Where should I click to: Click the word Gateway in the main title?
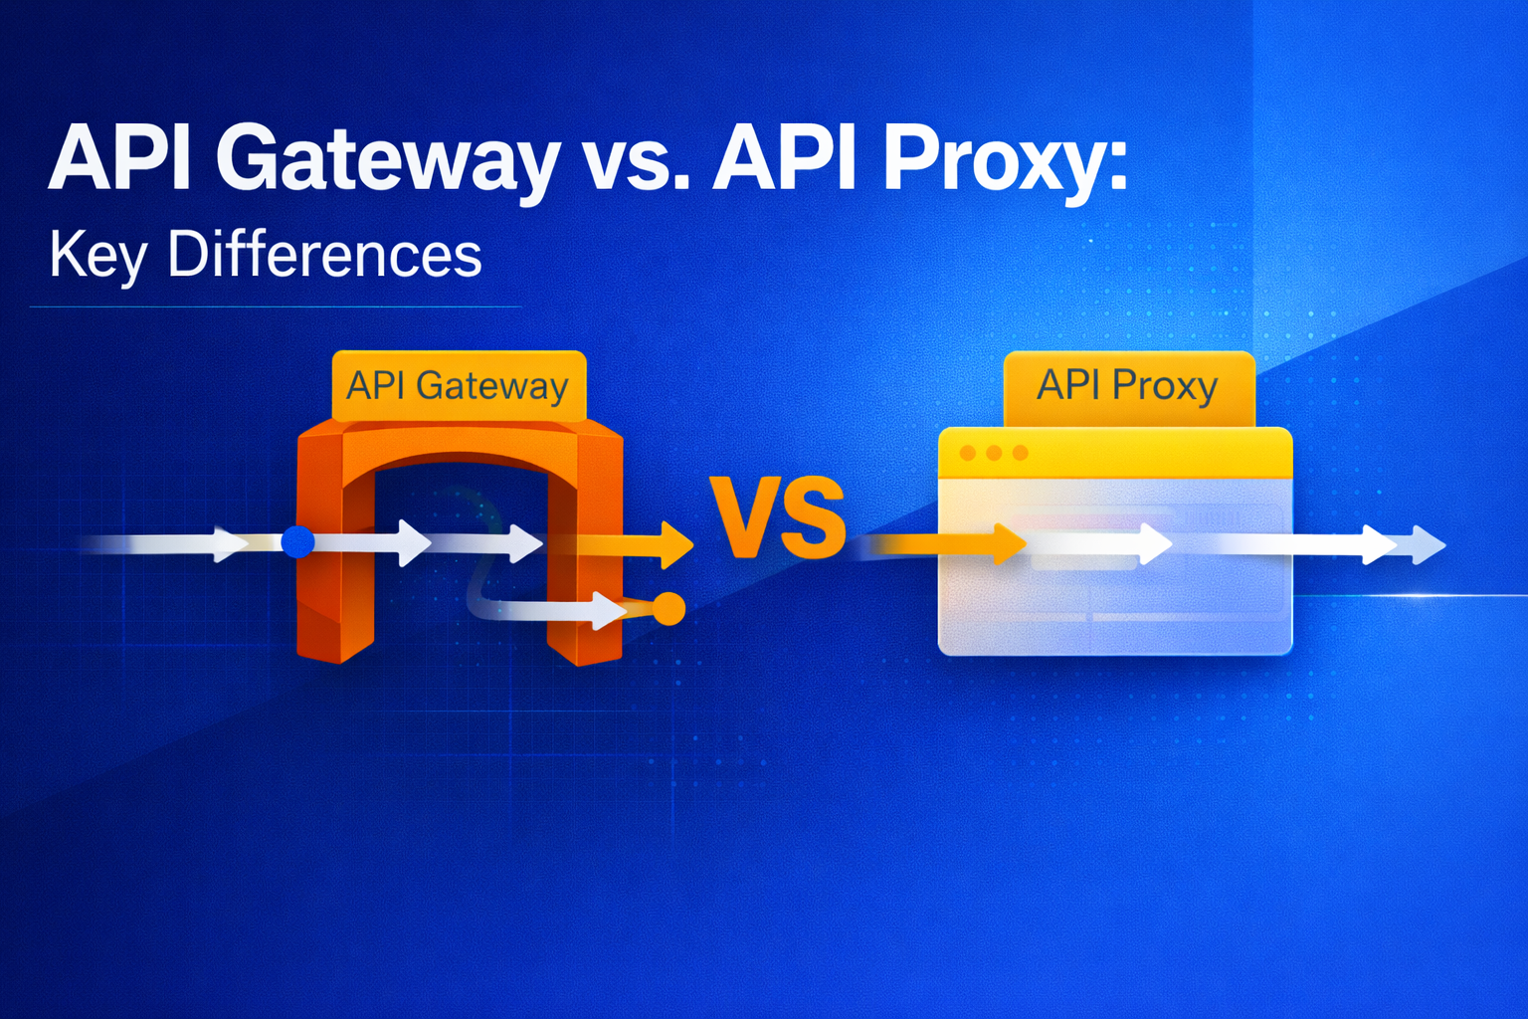pyautogui.click(x=387, y=159)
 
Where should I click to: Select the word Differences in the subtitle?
pyautogui.click(x=324, y=255)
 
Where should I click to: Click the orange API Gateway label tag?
pyautogui.click(x=458, y=385)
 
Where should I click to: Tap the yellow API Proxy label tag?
pyautogui.click(x=1128, y=385)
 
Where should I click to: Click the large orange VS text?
pyautogui.click(x=777, y=517)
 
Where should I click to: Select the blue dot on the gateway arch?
pyautogui.click(x=297, y=542)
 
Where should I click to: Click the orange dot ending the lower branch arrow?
pyautogui.click(x=668, y=608)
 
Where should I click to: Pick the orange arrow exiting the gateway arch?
pyautogui.click(x=637, y=544)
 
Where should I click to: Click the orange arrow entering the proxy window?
pyautogui.click(x=955, y=543)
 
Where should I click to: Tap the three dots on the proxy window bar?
pyautogui.click(x=993, y=454)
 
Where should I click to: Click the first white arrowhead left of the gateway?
pyautogui.click(x=230, y=543)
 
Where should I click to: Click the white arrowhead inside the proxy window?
pyautogui.click(x=1154, y=543)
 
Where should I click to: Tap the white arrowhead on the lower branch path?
pyautogui.click(x=607, y=609)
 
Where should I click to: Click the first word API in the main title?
pyautogui.click(x=119, y=159)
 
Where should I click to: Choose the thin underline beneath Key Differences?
pyautogui.click(x=276, y=306)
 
